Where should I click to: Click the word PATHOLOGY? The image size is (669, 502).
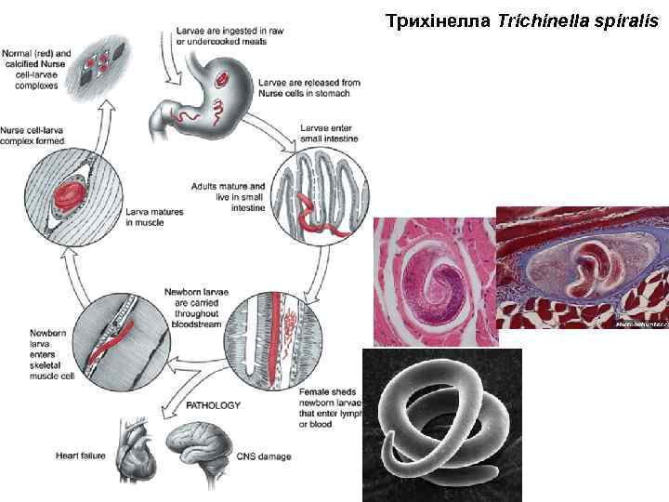point(214,405)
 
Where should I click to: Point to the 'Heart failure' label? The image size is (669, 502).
point(82,456)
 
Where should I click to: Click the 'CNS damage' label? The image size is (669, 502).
point(263,456)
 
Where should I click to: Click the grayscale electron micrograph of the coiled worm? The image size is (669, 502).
point(441,423)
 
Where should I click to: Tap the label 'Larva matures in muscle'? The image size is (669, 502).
point(153,218)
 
